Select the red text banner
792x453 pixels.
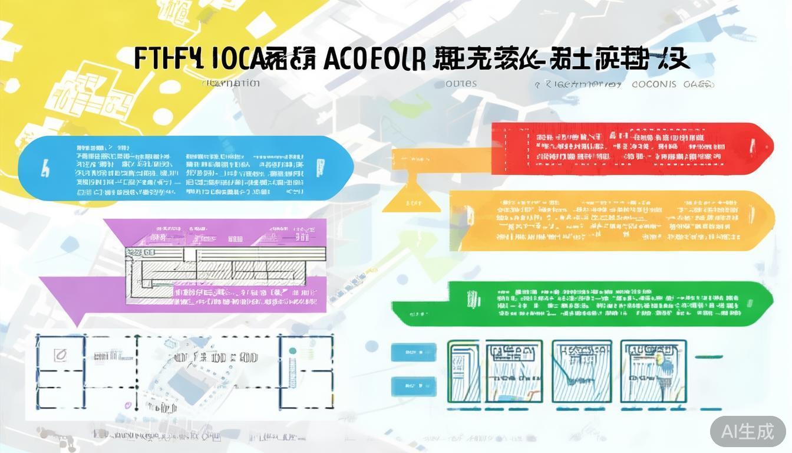coord(631,147)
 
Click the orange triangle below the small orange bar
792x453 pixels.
coord(411,198)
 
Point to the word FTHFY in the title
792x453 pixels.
coord(168,59)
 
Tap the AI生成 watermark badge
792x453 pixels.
coord(748,431)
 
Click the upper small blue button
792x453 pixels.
coord(414,352)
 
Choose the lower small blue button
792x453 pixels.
coord(414,386)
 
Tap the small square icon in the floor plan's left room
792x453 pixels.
coord(60,354)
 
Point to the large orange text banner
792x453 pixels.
coord(613,221)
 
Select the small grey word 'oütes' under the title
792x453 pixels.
coord(461,84)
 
